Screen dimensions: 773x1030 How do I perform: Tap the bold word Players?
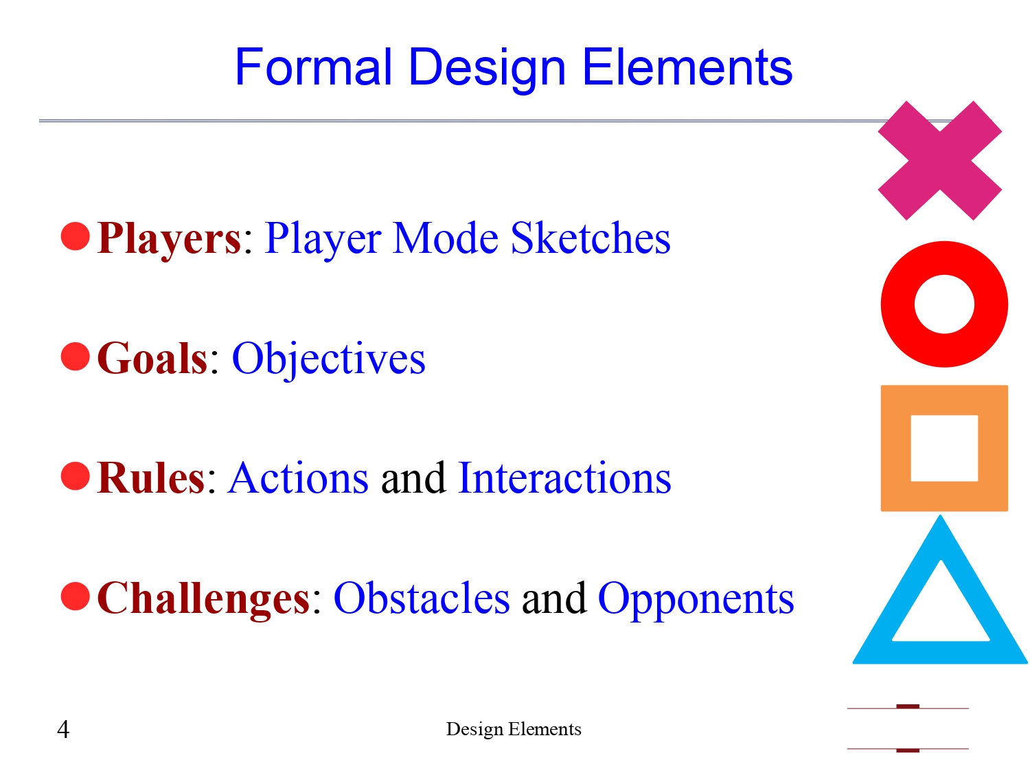(x=169, y=238)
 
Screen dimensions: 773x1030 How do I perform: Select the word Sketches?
(x=591, y=238)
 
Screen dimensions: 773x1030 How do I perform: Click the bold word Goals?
(x=152, y=359)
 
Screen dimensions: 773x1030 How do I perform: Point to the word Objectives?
(x=328, y=359)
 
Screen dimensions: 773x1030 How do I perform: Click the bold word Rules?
(x=151, y=478)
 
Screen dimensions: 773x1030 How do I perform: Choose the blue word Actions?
(x=299, y=478)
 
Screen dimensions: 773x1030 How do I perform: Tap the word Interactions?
(x=564, y=478)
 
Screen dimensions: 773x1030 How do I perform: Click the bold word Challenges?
(x=204, y=598)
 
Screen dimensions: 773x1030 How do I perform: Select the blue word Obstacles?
(x=422, y=598)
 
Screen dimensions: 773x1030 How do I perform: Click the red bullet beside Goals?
(x=76, y=357)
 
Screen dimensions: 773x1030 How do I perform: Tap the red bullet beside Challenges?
(x=76, y=596)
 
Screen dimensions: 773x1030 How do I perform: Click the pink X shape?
(x=939, y=161)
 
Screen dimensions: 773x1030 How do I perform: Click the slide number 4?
(x=63, y=729)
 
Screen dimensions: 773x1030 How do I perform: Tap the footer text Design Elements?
(x=514, y=729)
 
